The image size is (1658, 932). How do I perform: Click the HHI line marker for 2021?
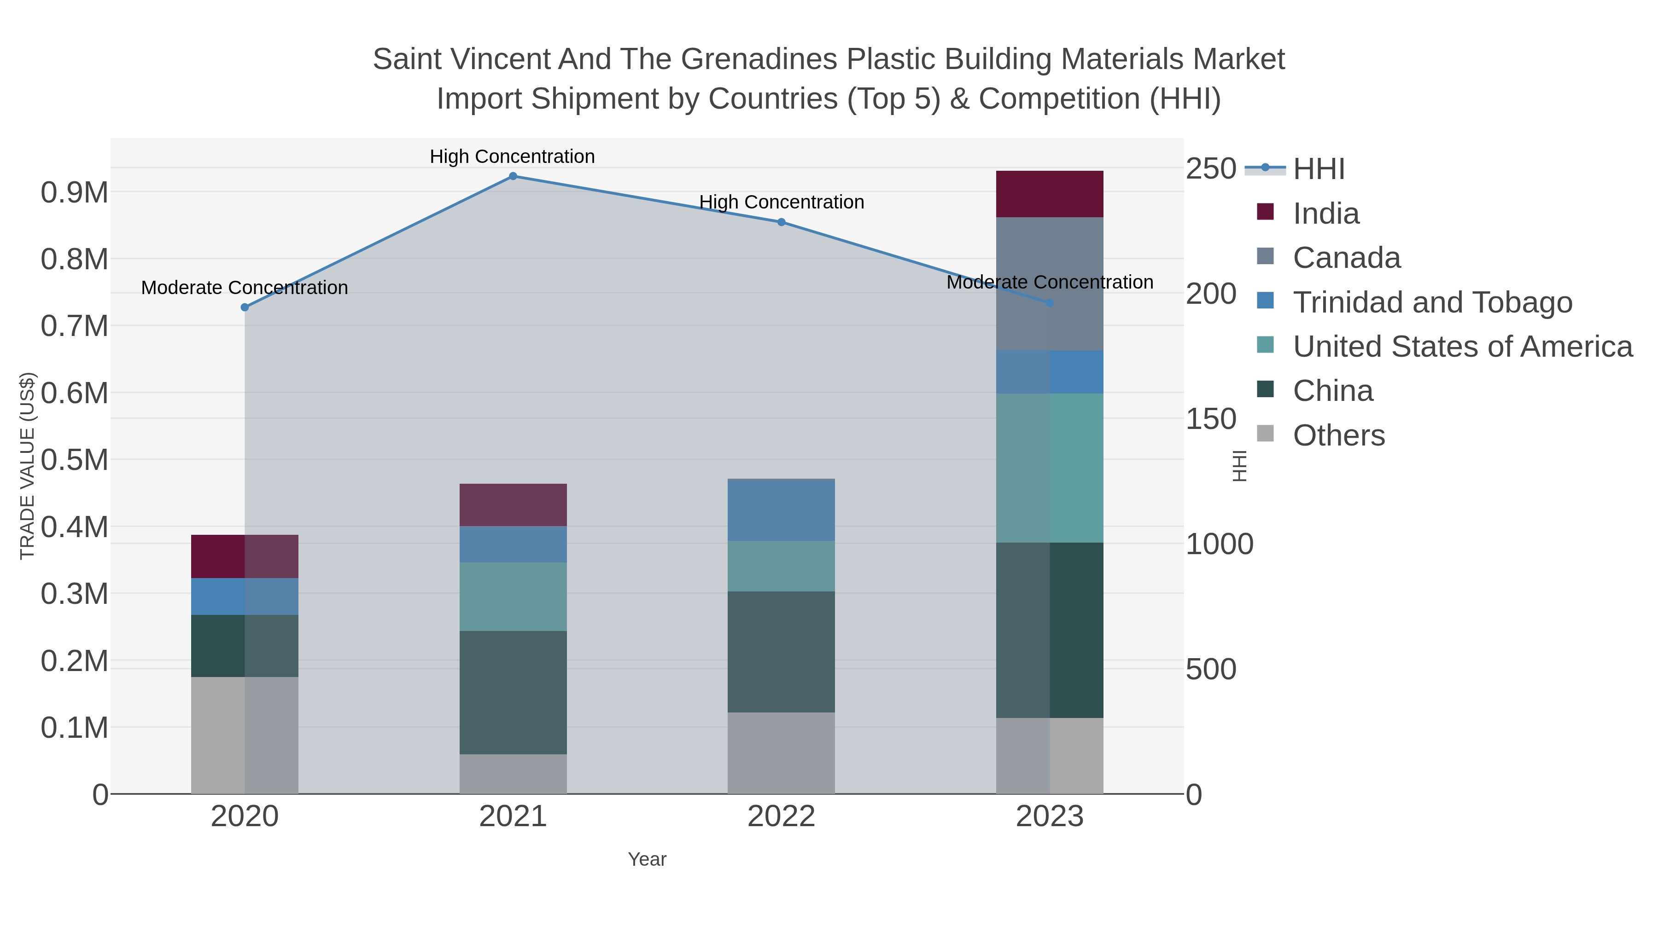(x=513, y=176)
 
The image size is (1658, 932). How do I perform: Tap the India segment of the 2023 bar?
(x=1050, y=194)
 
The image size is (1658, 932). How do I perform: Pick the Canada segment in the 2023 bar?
(x=1050, y=284)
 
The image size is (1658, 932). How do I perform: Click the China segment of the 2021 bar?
(x=513, y=693)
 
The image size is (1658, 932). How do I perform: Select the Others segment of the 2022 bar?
(x=782, y=753)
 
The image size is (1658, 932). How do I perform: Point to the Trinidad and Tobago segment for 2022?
(x=782, y=511)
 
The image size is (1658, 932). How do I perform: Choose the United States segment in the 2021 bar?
(x=513, y=597)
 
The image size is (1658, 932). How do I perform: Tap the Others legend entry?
(x=1339, y=435)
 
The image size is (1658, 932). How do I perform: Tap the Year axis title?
(x=647, y=859)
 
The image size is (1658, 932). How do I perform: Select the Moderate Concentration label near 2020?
(x=245, y=288)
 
